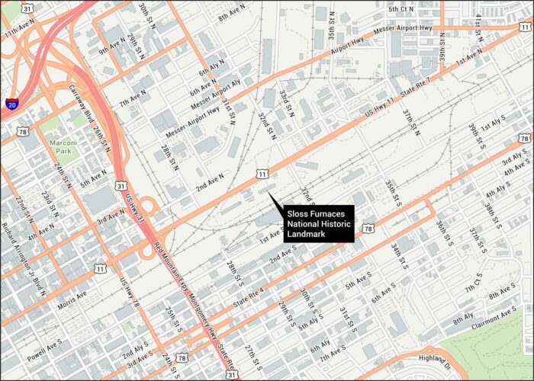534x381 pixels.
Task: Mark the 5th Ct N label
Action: click(x=400, y=9)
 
